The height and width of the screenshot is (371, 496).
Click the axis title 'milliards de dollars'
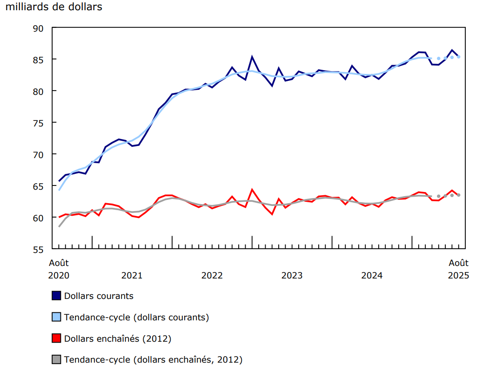point(54,7)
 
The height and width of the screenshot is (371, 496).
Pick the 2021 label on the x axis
point(132,275)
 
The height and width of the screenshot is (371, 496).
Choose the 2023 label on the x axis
point(292,275)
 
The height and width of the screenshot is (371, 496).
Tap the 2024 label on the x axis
point(372,275)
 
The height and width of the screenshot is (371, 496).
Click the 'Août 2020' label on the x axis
point(59,269)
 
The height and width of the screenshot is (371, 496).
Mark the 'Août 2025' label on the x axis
point(458,269)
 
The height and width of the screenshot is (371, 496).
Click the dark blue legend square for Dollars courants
point(56,296)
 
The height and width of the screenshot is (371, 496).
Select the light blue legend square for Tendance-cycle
point(56,317)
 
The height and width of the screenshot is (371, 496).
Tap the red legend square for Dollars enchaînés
point(56,338)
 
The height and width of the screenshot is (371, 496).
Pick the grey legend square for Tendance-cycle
point(56,359)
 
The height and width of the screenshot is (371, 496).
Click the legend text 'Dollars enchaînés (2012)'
point(117,338)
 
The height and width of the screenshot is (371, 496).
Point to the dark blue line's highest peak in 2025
point(452,50)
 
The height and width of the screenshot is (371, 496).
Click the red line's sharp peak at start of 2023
point(252,189)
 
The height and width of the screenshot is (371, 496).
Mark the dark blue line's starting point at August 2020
point(59,181)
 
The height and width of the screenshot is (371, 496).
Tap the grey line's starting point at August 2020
point(59,226)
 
